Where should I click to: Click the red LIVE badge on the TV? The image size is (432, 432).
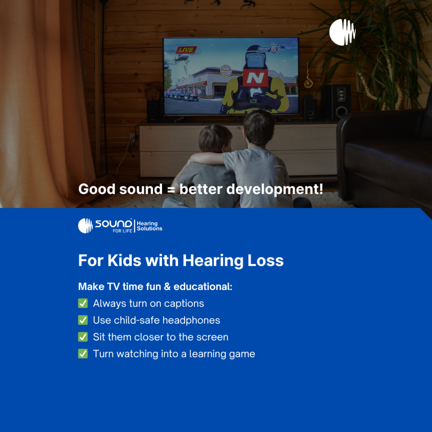[186, 50]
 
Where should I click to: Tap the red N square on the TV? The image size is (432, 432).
[255, 78]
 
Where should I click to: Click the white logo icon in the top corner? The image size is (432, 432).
[343, 32]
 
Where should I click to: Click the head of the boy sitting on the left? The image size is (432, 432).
[216, 138]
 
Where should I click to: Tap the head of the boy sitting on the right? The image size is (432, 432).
[259, 127]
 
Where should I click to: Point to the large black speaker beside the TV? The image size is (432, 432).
[336, 102]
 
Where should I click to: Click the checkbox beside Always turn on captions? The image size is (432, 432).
[83, 303]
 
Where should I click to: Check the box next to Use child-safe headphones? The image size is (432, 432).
[83, 320]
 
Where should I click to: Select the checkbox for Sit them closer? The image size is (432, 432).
[83, 337]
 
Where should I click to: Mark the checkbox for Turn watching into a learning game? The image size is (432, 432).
[83, 354]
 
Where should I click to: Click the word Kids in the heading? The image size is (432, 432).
[124, 260]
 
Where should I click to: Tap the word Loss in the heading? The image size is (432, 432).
[266, 260]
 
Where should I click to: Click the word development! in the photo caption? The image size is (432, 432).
[275, 189]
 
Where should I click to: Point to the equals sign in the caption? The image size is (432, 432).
[171, 190]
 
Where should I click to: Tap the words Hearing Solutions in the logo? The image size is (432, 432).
[150, 226]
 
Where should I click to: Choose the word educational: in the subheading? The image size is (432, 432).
[203, 286]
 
